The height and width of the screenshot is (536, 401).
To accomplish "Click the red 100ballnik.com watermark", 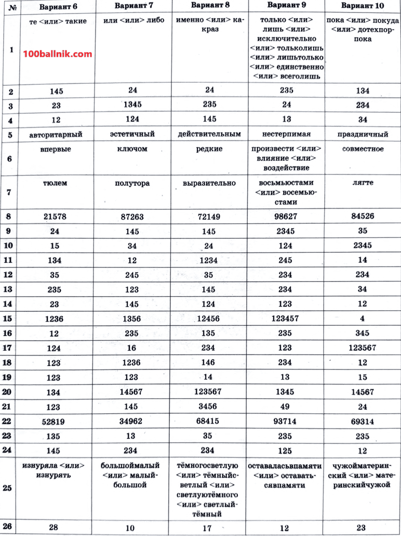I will [58, 54].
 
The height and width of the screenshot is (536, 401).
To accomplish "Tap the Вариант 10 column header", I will [363, 6].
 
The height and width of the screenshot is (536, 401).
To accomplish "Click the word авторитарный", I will [56, 134].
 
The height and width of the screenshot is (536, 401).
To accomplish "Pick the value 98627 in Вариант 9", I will [286, 216].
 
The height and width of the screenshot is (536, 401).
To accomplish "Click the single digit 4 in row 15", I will [362, 318].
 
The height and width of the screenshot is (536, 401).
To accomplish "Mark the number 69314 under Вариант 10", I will [363, 422].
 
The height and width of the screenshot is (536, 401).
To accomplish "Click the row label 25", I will [10, 488].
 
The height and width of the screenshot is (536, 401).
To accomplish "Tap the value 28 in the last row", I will [54, 528].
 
